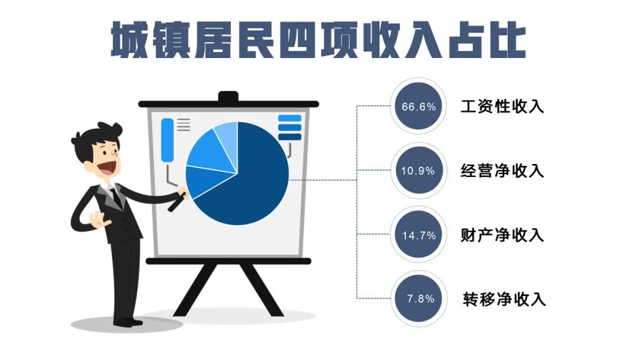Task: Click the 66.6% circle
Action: (x=418, y=106)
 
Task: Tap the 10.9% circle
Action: (x=418, y=171)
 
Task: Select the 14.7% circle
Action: (x=418, y=235)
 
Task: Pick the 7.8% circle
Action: (x=418, y=299)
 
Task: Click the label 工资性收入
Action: (x=502, y=107)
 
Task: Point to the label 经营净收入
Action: (x=502, y=171)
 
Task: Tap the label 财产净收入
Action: (x=502, y=235)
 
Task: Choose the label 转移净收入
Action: (x=504, y=299)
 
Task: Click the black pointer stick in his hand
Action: (x=177, y=202)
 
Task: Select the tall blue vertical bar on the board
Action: (x=167, y=140)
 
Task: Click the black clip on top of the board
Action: (x=228, y=97)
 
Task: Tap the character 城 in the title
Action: (x=129, y=40)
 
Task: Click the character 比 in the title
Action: (x=507, y=40)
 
